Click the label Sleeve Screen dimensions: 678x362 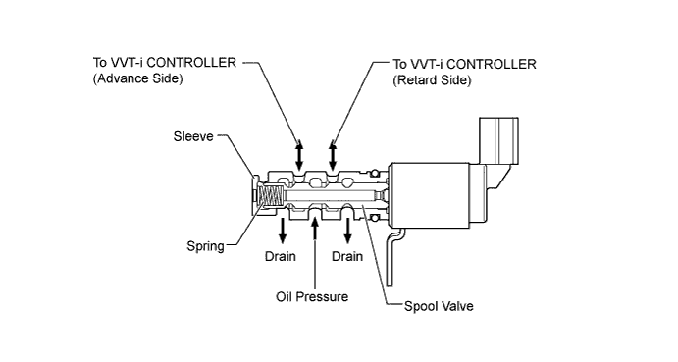click(x=193, y=136)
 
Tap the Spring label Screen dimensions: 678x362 click(x=205, y=246)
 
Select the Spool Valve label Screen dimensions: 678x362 click(x=439, y=306)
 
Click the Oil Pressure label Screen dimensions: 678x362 click(x=312, y=296)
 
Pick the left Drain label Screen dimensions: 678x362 click(x=281, y=256)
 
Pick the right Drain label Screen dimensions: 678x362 click(x=347, y=256)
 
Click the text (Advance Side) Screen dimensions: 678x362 click(x=138, y=78)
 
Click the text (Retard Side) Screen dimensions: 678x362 click(x=432, y=80)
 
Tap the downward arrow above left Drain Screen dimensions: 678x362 click(x=283, y=231)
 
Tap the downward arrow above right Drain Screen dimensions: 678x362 click(x=348, y=231)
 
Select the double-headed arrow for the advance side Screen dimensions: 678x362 click(x=299, y=155)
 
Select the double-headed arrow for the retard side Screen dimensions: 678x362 click(x=333, y=155)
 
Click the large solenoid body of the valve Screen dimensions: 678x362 click(x=429, y=195)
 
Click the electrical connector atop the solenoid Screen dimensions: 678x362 click(x=498, y=140)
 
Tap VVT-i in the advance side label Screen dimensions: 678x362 click(x=128, y=63)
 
